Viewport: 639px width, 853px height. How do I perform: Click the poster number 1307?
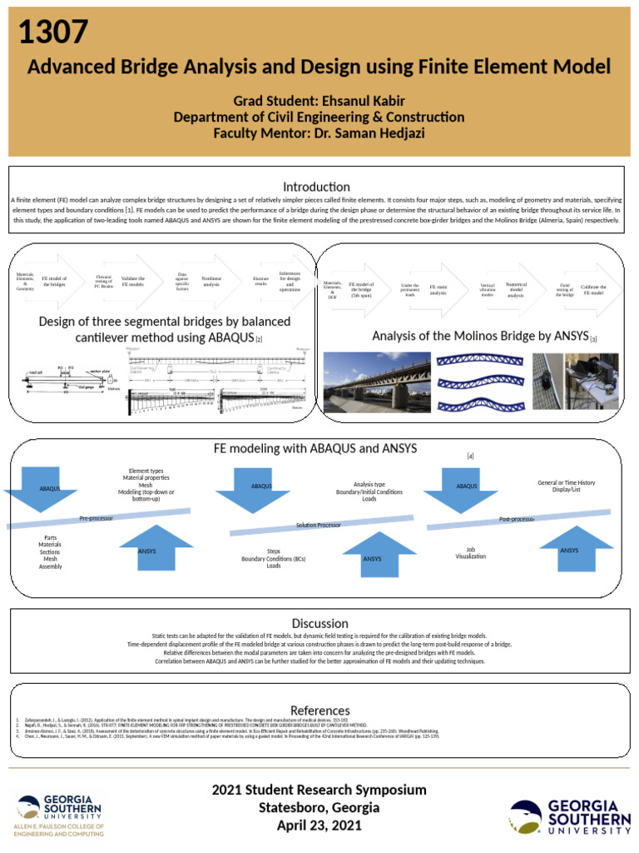click(x=52, y=32)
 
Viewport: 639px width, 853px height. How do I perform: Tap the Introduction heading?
click(x=316, y=187)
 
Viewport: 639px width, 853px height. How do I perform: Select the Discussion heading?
click(x=319, y=623)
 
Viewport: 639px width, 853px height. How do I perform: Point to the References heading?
click(x=319, y=710)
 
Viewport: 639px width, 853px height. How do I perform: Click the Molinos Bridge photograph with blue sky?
click(x=376, y=382)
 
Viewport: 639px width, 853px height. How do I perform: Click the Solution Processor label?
click(x=319, y=525)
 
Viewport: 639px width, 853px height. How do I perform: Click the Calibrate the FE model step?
click(x=593, y=289)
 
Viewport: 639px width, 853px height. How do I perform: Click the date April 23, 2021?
click(x=319, y=826)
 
